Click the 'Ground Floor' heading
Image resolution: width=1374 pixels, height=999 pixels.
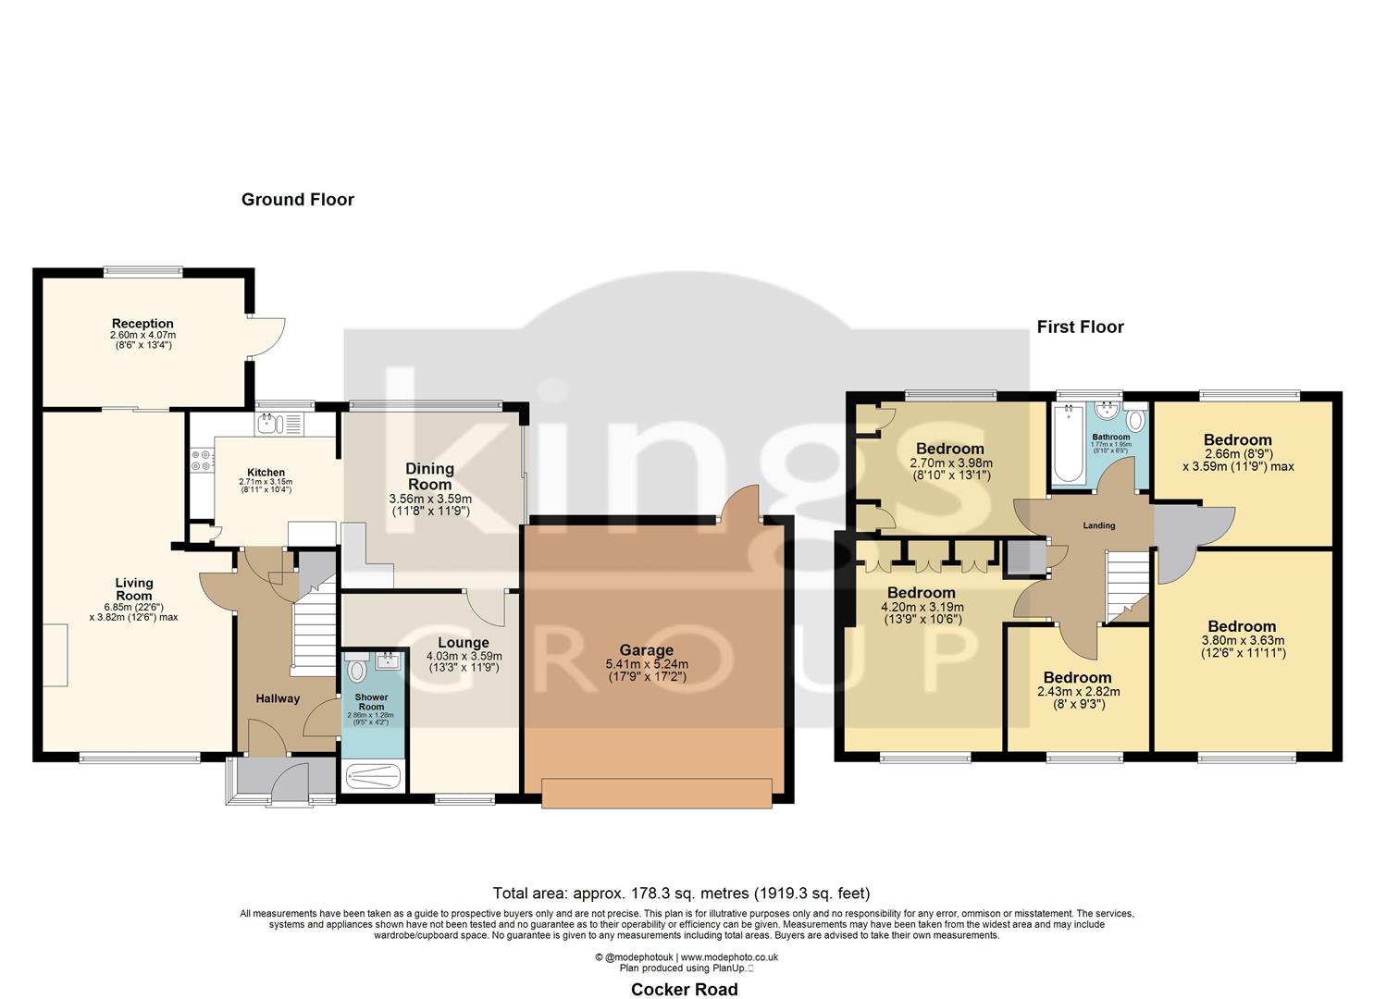tap(297, 200)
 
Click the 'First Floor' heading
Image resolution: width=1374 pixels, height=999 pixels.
tap(1080, 327)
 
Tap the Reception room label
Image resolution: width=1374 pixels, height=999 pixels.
tap(142, 324)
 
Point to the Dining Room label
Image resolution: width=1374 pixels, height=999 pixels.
tap(429, 476)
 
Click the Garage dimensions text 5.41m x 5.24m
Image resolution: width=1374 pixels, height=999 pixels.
tap(646, 664)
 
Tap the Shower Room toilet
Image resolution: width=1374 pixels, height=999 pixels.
tap(358, 669)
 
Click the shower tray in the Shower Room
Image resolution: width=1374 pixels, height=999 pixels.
tap(374, 776)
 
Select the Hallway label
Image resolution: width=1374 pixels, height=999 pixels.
tap(278, 698)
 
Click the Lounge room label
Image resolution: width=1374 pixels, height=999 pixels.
tap(463, 643)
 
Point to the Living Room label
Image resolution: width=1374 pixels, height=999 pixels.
tap(134, 589)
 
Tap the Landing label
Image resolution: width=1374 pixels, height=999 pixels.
tap(1099, 525)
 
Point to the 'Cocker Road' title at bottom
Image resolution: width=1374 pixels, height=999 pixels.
tap(684, 989)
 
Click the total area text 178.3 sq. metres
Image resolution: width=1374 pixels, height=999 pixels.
tap(681, 894)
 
